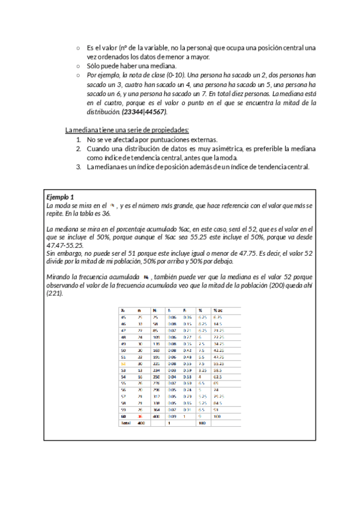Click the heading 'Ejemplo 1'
tap(60, 197)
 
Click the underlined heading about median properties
tap(127, 130)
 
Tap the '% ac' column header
tap(218, 310)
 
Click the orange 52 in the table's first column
tap(123, 363)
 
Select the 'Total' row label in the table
tap(126, 423)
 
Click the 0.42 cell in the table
tap(187, 349)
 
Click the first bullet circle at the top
tap(78, 47)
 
